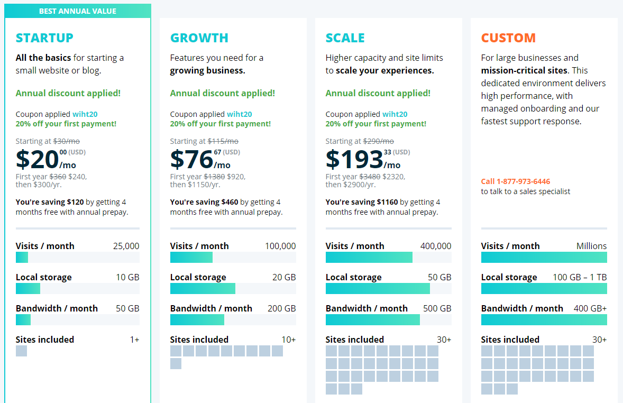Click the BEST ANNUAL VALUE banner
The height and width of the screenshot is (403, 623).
[x=78, y=11]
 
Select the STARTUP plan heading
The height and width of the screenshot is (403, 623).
[x=44, y=38]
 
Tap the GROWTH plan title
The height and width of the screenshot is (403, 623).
[x=199, y=38]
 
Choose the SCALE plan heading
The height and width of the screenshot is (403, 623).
[x=345, y=38]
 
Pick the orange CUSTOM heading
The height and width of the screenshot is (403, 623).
[x=508, y=38]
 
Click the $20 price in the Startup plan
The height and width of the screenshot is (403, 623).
[x=37, y=159]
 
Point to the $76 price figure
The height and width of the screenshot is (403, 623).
[x=191, y=159]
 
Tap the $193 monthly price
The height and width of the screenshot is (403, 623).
[x=354, y=159]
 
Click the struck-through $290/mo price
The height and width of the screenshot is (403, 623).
[x=378, y=141]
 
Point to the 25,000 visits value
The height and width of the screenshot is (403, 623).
[x=126, y=246]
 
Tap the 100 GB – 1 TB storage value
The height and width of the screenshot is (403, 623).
[x=580, y=277]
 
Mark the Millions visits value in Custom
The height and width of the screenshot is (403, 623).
[x=591, y=246]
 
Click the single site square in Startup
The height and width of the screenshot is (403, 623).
[x=21, y=351]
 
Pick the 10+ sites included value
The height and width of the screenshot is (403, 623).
[x=288, y=340]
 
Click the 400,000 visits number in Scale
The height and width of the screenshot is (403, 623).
[x=436, y=246]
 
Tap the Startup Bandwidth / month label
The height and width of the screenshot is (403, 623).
[x=57, y=308]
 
